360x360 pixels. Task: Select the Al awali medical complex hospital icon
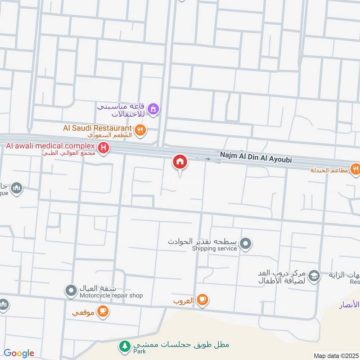pyautogui.click(x=104, y=148)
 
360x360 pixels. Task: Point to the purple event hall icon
pyautogui.click(x=153, y=109)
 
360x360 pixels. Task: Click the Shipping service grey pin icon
pyautogui.click(x=245, y=244)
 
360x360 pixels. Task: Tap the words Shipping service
pyautogui.click(x=214, y=248)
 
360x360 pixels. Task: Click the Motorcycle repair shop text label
pyautogui.click(x=111, y=296)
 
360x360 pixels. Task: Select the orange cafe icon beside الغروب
pyautogui.click(x=202, y=300)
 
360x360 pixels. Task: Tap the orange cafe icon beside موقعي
pyautogui.click(x=103, y=311)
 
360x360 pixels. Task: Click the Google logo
pyautogui.click(x=19, y=353)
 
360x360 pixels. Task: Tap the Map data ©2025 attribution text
pyautogui.click(x=335, y=355)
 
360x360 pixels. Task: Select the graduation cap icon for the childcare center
pyautogui.click(x=314, y=277)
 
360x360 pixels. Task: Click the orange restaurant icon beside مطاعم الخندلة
pyautogui.click(x=355, y=170)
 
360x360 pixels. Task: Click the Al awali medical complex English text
pyautogui.click(x=50, y=146)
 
